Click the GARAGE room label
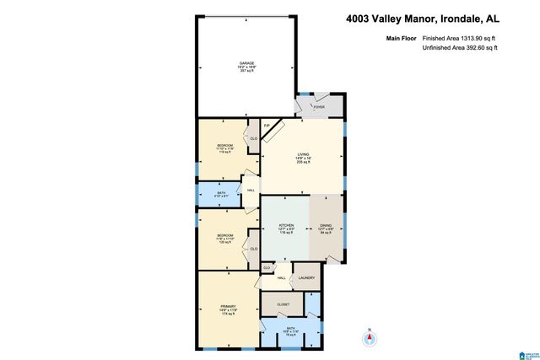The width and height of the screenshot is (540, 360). pos(246,63)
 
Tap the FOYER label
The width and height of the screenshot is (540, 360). pos(319,108)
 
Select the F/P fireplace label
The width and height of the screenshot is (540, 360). pos(267,126)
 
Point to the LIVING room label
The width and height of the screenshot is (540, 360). pos(302,154)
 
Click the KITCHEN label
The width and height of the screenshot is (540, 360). pos(286,226)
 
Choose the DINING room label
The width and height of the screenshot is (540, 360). pos(327,226)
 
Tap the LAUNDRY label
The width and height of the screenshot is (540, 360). pos(306,277)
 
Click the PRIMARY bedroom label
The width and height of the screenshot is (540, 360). pos(228,305)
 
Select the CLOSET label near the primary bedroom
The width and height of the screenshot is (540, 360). pos(283,304)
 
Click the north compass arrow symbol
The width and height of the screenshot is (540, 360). pos(368,338)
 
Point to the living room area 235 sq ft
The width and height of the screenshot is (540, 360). pos(302,163)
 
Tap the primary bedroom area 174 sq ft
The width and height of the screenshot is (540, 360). pos(228,314)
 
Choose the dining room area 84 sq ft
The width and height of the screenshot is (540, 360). pos(327,235)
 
